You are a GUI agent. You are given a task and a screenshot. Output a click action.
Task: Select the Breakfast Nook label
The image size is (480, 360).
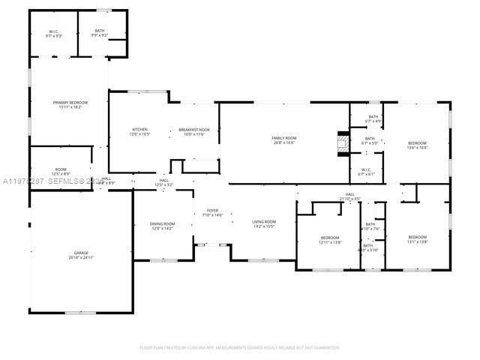point(193,132)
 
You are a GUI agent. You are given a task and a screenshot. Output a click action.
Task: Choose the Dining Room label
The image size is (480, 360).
point(163,226)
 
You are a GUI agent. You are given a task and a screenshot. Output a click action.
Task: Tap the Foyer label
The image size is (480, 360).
point(213,213)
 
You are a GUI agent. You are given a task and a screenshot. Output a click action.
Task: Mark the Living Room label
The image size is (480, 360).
point(263,223)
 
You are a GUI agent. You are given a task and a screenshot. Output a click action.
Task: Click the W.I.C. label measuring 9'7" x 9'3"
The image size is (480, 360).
point(54,33)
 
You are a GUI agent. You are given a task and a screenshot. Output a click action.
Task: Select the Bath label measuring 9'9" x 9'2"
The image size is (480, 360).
point(100,33)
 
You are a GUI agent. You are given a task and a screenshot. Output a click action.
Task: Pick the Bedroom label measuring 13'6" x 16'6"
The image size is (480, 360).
point(417,145)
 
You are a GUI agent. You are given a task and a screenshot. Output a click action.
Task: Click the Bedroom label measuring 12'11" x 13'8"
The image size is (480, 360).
point(330,240)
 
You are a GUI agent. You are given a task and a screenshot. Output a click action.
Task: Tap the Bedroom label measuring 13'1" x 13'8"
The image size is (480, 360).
point(417,239)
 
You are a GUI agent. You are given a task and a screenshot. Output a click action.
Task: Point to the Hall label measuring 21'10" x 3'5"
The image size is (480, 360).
point(349,196)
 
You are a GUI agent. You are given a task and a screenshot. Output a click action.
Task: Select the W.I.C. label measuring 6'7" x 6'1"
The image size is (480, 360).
point(366,172)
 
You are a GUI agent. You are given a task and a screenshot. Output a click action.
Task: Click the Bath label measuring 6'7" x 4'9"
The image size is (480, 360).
point(373,118)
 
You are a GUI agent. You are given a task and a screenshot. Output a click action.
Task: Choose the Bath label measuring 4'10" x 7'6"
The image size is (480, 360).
point(370,226)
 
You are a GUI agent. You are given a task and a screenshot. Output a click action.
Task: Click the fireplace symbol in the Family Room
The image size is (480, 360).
point(343,143)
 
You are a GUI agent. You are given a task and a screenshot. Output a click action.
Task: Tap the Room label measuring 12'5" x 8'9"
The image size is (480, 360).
point(61,172)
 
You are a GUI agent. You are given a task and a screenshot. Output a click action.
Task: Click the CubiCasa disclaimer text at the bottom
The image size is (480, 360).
point(240,347)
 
